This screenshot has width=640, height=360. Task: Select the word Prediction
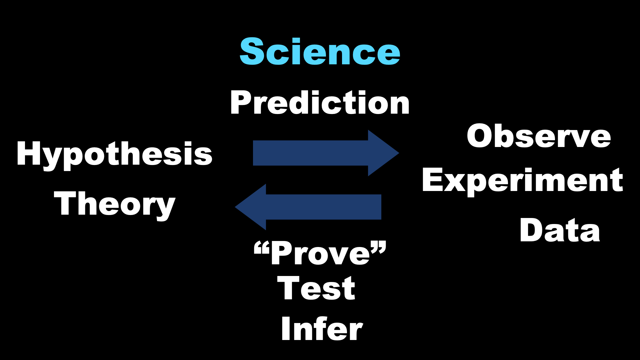tap(320, 103)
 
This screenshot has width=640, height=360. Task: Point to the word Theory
tap(115, 206)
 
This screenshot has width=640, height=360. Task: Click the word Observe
tap(539, 136)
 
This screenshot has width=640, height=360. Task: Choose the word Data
tap(560, 230)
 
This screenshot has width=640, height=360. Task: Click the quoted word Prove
tap(320, 253)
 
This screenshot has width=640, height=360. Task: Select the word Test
tap(316, 288)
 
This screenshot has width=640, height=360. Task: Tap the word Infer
tap(322, 329)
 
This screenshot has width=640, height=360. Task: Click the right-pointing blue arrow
tap(326, 153)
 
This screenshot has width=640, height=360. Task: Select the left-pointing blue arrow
tap(308, 207)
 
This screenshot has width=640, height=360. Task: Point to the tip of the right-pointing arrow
tap(399, 153)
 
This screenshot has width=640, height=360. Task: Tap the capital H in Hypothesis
tap(29, 153)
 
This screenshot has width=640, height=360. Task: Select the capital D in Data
tap(532, 230)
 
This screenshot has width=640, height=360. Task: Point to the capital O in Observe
tap(481, 136)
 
